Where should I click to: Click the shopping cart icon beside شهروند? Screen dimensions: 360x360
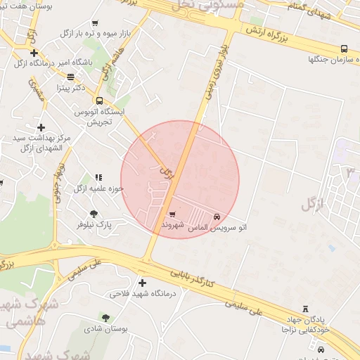pyautogui.click(x=172, y=214)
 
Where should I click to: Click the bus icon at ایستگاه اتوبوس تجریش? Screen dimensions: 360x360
pyautogui.click(x=98, y=100)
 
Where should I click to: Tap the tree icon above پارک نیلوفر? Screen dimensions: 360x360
pyautogui.click(x=94, y=213)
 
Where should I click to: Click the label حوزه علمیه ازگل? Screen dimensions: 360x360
pyautogui.click(x=98, y=188)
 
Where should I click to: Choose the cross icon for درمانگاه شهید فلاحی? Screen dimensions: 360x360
pyautogui.click(x=142, y=283)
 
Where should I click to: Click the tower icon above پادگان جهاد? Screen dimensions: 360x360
pyautogui.click(x=304, y=309)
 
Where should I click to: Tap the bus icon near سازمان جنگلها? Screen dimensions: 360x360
pyautogui.click(x=343, y=49)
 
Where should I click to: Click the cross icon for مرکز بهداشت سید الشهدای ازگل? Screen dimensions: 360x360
pyautogui.click(x=41, y=127)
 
